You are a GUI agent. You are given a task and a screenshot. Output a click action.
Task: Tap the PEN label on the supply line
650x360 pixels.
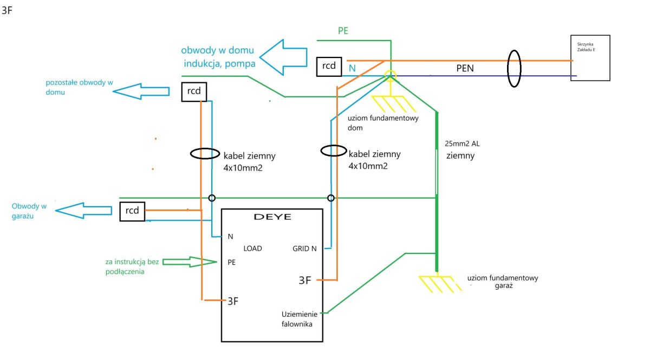[x=465, y=68]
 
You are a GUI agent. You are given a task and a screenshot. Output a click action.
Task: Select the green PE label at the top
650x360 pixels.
[x=343, y=31]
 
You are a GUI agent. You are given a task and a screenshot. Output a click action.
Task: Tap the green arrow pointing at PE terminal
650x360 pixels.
[x=190, y=262]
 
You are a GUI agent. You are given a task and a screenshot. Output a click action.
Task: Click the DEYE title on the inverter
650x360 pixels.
[x=272, y=217]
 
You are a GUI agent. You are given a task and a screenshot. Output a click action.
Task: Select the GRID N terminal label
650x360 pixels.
[x=304, y=248]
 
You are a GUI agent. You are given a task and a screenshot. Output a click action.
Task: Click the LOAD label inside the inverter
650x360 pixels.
[x=252, y=248]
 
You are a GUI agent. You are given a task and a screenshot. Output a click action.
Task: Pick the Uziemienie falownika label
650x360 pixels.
[x=299, y=319]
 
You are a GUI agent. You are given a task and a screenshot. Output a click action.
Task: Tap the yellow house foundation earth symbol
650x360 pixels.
[x=394, y=103]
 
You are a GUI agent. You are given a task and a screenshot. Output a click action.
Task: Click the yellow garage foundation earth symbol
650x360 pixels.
[x=439, y=284]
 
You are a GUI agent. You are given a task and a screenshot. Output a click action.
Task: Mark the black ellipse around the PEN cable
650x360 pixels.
[x=508, y=68]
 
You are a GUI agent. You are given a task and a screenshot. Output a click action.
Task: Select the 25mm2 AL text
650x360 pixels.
[x=462, y=143]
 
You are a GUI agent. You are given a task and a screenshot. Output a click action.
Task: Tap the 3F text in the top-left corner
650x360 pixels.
[x=7, y=10]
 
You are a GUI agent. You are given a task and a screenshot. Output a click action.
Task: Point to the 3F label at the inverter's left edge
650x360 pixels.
[x=233, y=301]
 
